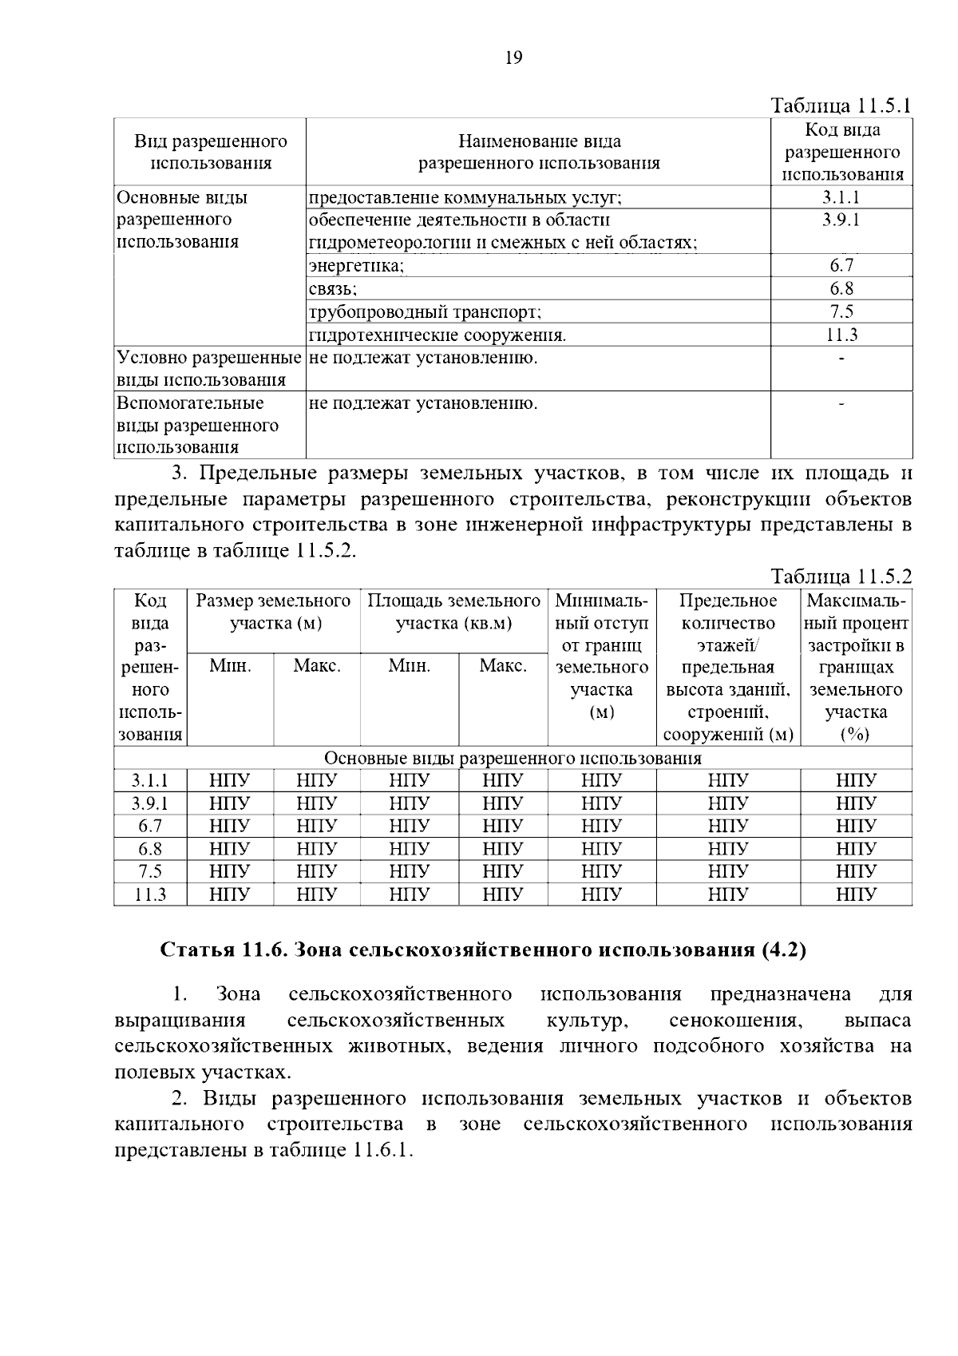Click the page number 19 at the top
tap(514, 57)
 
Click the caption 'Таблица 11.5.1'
tap(841, 106)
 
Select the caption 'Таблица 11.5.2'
tap(841, 577)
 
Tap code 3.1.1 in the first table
tap(841, 197)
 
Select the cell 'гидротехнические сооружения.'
tap(437, 335)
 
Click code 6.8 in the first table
tap(841, 289)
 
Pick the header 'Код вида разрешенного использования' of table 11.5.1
tap(841, 152)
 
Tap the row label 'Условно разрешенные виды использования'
tap(209, 368)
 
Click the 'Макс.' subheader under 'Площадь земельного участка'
tap(503, 665)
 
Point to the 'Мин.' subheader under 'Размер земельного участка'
tap(230, 665)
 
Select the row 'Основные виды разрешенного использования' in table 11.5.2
tap(513, 758)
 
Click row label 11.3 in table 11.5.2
tap(150, 894)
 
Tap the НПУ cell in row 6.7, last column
tap(856, 826)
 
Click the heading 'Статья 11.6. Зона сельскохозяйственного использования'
tap(483, 950)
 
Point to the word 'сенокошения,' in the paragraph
tap(734, 1021)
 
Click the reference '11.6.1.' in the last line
tap(381, 1150)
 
